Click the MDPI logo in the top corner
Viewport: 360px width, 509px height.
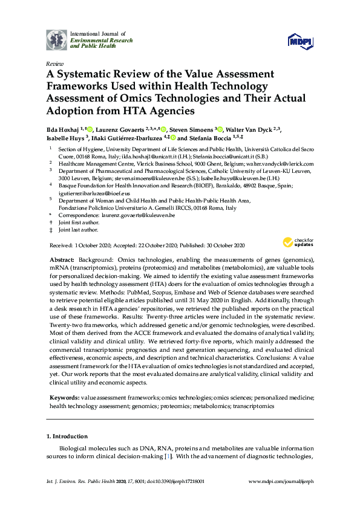coord(301,39)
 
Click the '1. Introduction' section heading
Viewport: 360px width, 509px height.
coord(67,436)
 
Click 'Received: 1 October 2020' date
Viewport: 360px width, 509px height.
coord(76,245)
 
